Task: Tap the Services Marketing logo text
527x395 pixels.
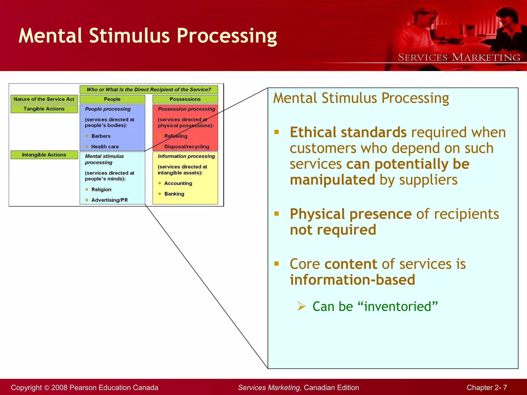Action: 459,57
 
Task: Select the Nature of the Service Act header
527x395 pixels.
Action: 44,99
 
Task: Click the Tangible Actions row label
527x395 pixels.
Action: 44,109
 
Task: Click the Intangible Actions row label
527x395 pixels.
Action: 44,155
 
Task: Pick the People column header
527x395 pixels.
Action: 112,99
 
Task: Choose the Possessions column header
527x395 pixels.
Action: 185,99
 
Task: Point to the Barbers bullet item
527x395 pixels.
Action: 101,136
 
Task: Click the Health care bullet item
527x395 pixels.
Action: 105,147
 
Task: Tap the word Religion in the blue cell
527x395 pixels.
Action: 101,190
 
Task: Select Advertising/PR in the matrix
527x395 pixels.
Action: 109,200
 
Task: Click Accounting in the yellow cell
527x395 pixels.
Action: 178,183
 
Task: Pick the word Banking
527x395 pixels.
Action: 174,194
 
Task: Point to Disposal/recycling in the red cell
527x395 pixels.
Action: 187,147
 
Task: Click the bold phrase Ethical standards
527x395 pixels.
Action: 348,132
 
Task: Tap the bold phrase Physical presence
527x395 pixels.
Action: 350,214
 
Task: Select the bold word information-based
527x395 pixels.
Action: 352,280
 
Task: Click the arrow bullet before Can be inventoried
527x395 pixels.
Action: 301,306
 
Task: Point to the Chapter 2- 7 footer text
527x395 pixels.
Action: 487,388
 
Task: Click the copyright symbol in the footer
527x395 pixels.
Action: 47,388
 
